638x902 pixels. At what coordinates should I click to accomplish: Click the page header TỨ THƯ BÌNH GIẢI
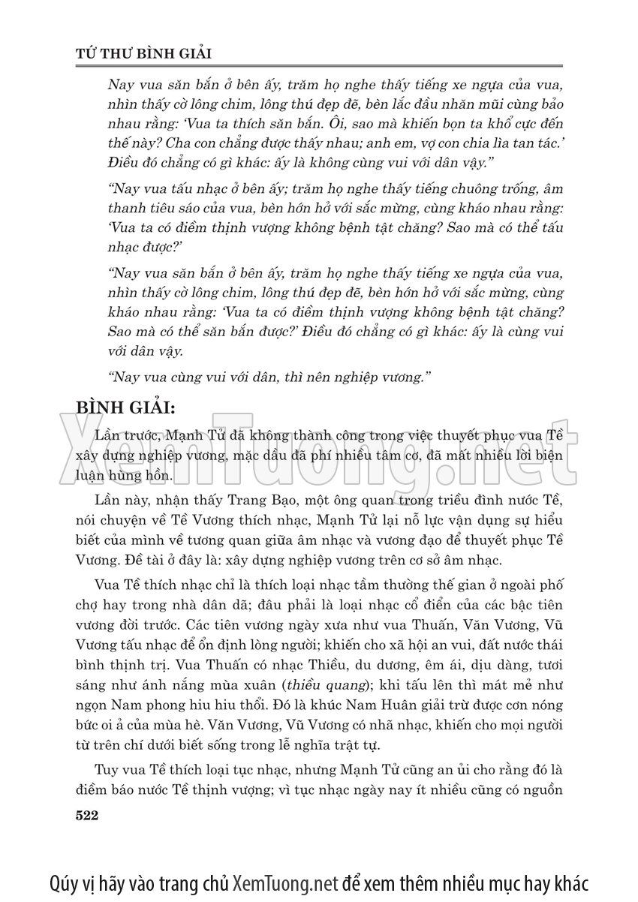click(x=146, y=53)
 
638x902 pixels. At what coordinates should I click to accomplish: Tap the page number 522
click(x=88, y=816)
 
